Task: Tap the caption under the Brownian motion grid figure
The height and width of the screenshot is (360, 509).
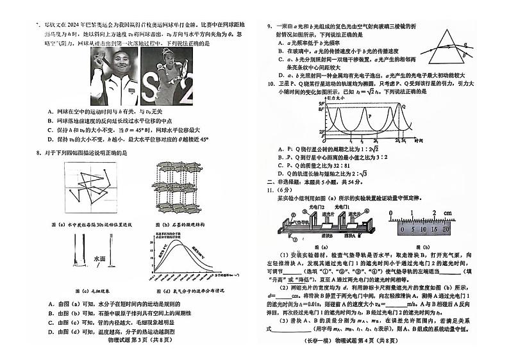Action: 90,225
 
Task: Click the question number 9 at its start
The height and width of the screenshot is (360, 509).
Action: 270,26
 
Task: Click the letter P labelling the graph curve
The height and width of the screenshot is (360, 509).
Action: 369,116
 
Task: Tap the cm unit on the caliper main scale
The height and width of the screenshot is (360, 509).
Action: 451,213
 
